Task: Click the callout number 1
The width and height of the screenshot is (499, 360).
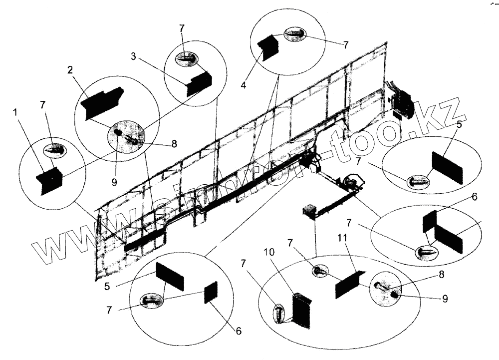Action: (x=16, y=113)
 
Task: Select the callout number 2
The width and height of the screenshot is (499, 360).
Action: (x=70, y=69)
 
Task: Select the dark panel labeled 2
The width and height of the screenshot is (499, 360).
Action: (x=102, y=101)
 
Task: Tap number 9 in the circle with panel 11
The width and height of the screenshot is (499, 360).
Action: (x=444, y=299)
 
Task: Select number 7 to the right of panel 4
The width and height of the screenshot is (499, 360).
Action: (x=345, y=44)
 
